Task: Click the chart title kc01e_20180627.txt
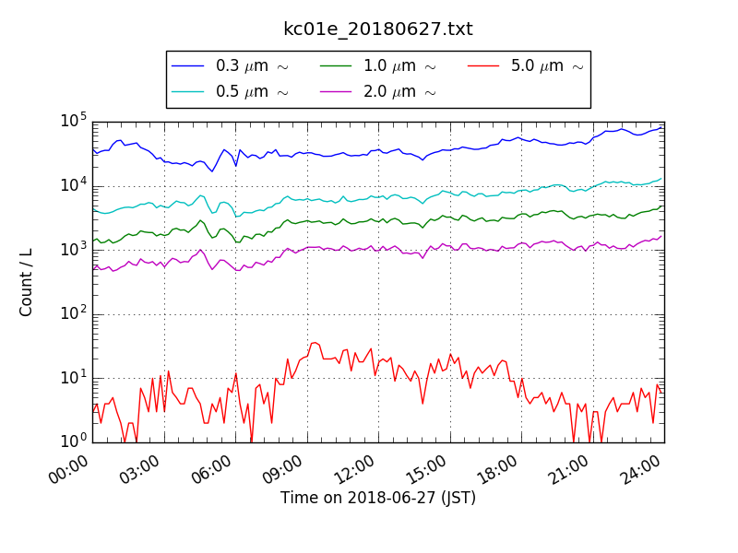pos(378,29)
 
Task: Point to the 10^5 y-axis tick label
pos(74,121)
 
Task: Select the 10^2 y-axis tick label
pos(74,313)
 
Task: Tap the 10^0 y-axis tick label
pos(74,441)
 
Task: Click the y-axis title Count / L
pos(27,281)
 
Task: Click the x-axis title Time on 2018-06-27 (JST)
pos(378,499)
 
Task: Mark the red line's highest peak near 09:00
pos(315,343)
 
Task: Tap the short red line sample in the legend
pos(484,66)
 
